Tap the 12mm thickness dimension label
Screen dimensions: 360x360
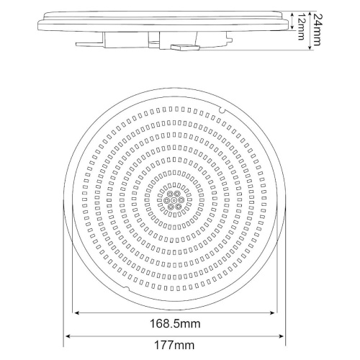[x=301, y=26]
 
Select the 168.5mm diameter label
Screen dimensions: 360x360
[x=175, y=324]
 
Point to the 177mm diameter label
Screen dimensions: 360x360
[x=174, y=346]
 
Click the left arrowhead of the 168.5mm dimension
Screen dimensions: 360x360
[x=77, y=312]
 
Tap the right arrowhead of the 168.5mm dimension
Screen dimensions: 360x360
[x=272, y=312]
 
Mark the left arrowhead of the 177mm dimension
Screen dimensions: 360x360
[x=68, y=336]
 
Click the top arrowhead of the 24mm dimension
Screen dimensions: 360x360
[x=310, y=14]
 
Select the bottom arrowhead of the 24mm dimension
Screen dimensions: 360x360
[x=310, y=47]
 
